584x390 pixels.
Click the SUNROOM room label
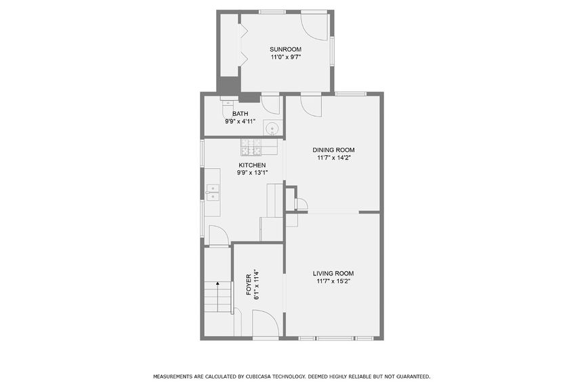coord(285,50)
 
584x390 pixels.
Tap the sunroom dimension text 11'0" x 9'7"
coord(285,58)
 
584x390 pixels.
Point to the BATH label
coord(240,114)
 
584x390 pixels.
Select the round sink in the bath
coord(273,127)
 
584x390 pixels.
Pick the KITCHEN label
coord(251,165)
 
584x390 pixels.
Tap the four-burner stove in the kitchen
coord(251,146)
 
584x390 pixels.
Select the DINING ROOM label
coord(333,150)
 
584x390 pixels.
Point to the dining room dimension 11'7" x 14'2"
coord(333,158)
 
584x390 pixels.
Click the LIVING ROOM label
coord(333,273)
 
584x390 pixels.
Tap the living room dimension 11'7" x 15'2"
coord(333,281)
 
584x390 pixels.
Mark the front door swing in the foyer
coord(262,323)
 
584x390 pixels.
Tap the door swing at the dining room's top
coord(310,104)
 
